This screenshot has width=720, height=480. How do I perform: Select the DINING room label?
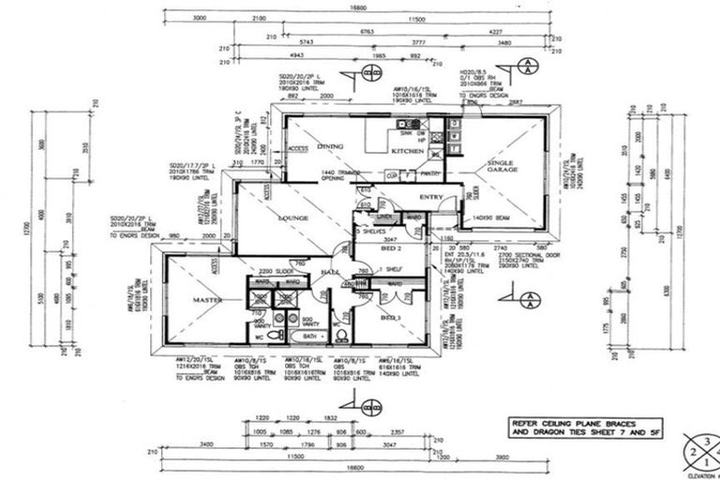click(330, 147)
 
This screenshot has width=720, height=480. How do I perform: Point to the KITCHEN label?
click(408, 151)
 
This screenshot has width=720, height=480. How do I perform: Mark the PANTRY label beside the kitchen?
click(430, 174)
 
